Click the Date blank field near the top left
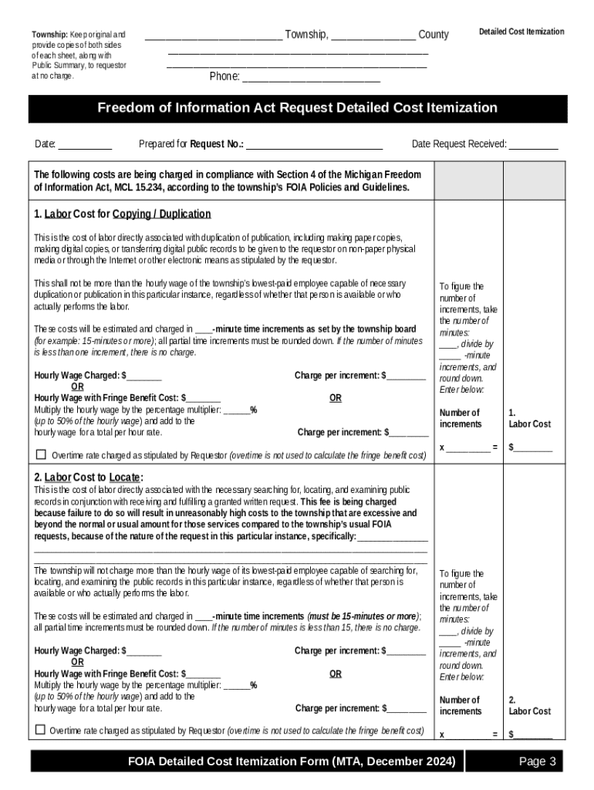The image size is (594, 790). [85, 144]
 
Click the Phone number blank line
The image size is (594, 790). [311, 77]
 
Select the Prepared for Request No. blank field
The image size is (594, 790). [314, 144]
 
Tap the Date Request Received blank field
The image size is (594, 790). [533, 144]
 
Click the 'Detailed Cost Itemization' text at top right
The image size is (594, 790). [521, 32]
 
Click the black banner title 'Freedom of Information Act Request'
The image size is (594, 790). [297, 108]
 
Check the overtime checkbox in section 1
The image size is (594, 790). [41, 454]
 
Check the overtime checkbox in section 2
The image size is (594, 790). [40, 730]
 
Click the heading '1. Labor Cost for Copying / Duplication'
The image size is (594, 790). [122, 214]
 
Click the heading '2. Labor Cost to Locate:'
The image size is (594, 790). [89, 477]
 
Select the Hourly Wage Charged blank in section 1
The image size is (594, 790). [144, 376]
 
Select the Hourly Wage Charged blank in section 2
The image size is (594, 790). [144, 651]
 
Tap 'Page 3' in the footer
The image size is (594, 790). [537, 762]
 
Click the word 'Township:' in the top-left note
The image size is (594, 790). [49, 35]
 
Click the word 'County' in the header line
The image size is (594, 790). [433, 35]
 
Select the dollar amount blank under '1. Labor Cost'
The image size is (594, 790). [533, 447]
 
